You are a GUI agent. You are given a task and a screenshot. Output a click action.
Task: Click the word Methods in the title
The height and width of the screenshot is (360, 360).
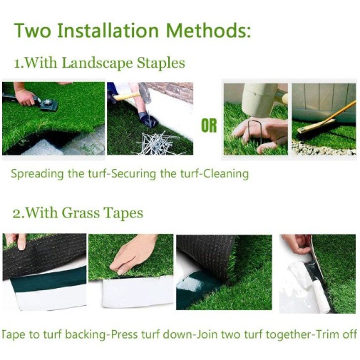tap(208, 31)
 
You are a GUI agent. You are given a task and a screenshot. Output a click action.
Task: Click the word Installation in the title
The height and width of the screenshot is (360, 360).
tap(108, 31)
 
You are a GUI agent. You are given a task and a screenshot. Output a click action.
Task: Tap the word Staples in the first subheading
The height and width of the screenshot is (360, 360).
tap(161, 63)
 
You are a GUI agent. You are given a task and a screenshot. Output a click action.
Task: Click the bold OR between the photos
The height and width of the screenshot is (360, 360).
tap(209, 125)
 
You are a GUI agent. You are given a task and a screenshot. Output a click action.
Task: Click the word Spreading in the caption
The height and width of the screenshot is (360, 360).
tap(37, 174)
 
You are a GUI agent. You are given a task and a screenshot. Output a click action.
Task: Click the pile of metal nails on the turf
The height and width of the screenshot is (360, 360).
tap(157, 144)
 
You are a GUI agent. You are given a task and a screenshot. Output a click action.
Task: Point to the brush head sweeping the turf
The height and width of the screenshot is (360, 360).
tap(315, 127)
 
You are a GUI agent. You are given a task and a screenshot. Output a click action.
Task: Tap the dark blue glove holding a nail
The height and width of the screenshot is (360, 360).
tap(148, 120)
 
